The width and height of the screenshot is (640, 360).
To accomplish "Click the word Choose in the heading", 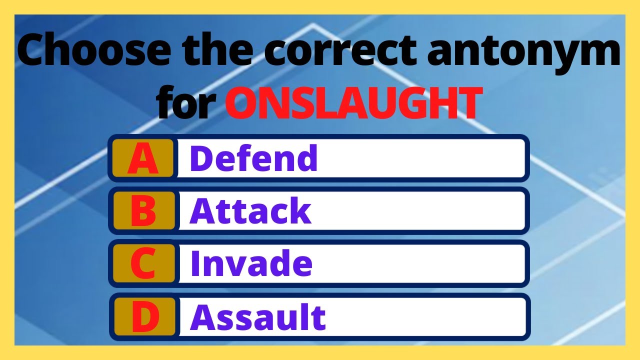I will (87, 52).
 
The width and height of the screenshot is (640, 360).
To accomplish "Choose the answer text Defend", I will (253, 158).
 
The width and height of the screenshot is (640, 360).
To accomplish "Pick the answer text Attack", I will (250, 211).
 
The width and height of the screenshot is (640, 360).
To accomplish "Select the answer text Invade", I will (251, 264).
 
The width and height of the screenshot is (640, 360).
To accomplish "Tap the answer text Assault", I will (258, 317).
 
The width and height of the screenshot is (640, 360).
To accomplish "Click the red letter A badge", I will (143, 158).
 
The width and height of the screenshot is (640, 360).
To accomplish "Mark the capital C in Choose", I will (36, 52).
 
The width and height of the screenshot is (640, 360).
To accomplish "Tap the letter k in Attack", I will (300, 211).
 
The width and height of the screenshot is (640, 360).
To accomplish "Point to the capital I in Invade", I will (195, 264).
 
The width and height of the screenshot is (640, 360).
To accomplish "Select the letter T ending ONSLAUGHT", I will (469, 104).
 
